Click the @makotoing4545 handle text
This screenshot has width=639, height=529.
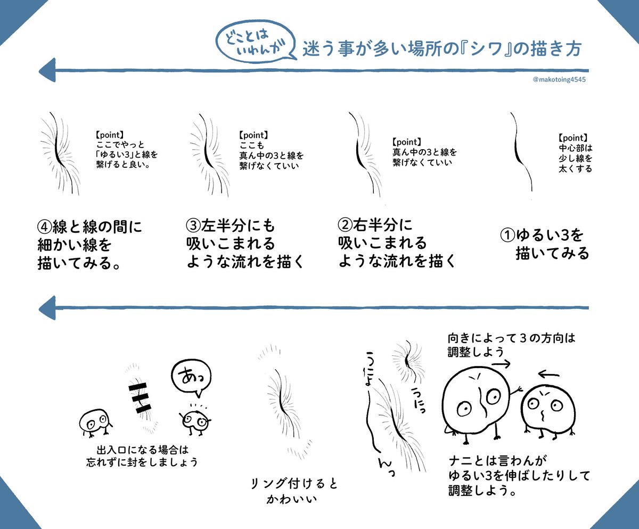click(560, 80)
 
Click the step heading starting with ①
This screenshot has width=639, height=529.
click(545, 244)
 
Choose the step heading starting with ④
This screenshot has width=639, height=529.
click(91, 244)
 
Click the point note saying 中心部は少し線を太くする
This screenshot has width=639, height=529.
click(575, 153)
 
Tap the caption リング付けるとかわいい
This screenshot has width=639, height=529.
click(294, 491)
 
